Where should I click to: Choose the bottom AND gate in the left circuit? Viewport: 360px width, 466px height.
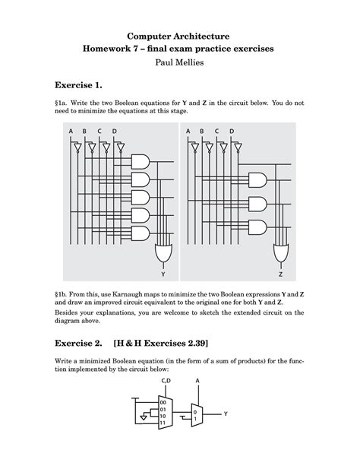tap(141, 233)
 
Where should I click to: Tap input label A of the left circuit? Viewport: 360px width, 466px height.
tap(71, 132)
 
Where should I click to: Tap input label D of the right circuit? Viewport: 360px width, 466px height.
tap(232, 132)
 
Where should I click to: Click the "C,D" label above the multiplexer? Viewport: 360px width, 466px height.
tap(166, 380)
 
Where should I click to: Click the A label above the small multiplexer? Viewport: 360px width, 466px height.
tap(197, 380)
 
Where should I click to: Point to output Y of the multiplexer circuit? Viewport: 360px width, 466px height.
tap(226, 414)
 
